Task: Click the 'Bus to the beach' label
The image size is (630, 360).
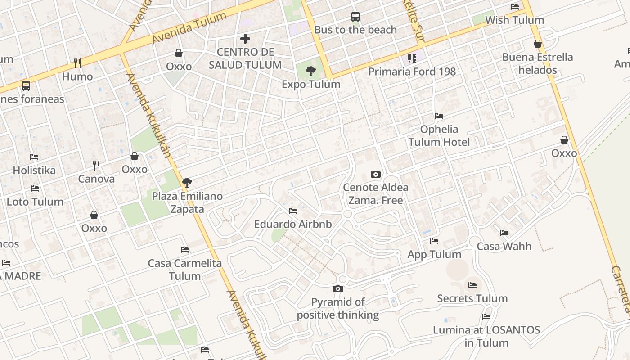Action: [355, 30]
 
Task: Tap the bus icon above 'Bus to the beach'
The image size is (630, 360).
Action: [355, 17]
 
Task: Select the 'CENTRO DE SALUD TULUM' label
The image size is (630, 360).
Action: [245, 58]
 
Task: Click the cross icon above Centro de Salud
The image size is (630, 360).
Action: [245, 39]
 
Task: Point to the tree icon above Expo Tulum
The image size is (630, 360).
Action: [310, 71]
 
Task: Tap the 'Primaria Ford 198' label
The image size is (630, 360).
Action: [412, 72]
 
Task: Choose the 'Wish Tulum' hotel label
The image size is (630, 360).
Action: [514, 20]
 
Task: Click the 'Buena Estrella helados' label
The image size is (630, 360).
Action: [537, 63]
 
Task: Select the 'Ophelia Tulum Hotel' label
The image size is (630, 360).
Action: [439, 135]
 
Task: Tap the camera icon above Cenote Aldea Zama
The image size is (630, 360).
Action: [375, 174]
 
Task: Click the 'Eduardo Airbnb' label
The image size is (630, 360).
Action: [293, 224]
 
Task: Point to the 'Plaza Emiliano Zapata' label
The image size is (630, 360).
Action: [187, 202]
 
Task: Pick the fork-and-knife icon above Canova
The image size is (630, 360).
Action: [96, 166]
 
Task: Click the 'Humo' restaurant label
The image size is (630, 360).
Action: [77, 76]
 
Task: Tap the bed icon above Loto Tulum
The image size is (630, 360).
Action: [35, 189]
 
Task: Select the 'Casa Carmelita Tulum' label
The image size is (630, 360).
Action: [185, 270]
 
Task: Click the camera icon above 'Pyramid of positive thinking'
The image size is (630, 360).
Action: [338, 288]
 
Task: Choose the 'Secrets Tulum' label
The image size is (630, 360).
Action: [472, 298]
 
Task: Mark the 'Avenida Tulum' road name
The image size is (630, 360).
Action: [189, 28]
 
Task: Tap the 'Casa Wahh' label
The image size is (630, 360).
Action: [504, 246]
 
